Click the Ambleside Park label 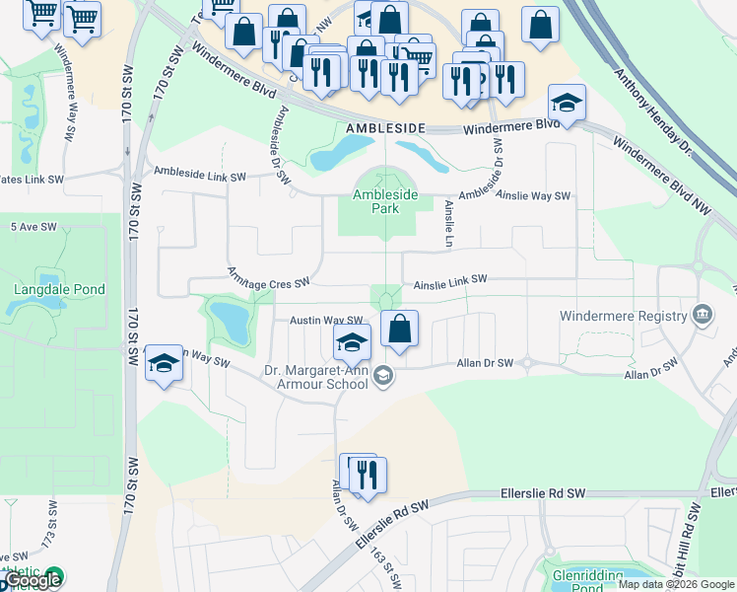click(386, 202)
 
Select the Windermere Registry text click(622, 316)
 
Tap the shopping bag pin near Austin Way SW click(399, 330)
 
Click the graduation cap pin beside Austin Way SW click(352, 342)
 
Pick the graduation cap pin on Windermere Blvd click(567, 103)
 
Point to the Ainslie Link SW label click(450, 280)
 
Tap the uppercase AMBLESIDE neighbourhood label click(385, 129)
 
